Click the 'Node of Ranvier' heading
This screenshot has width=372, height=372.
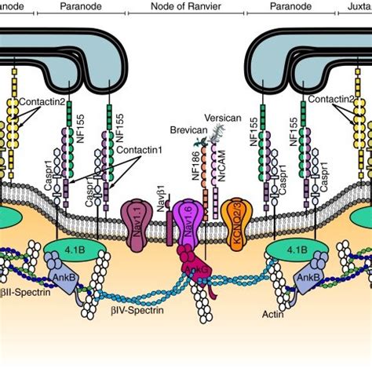(186, 6)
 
